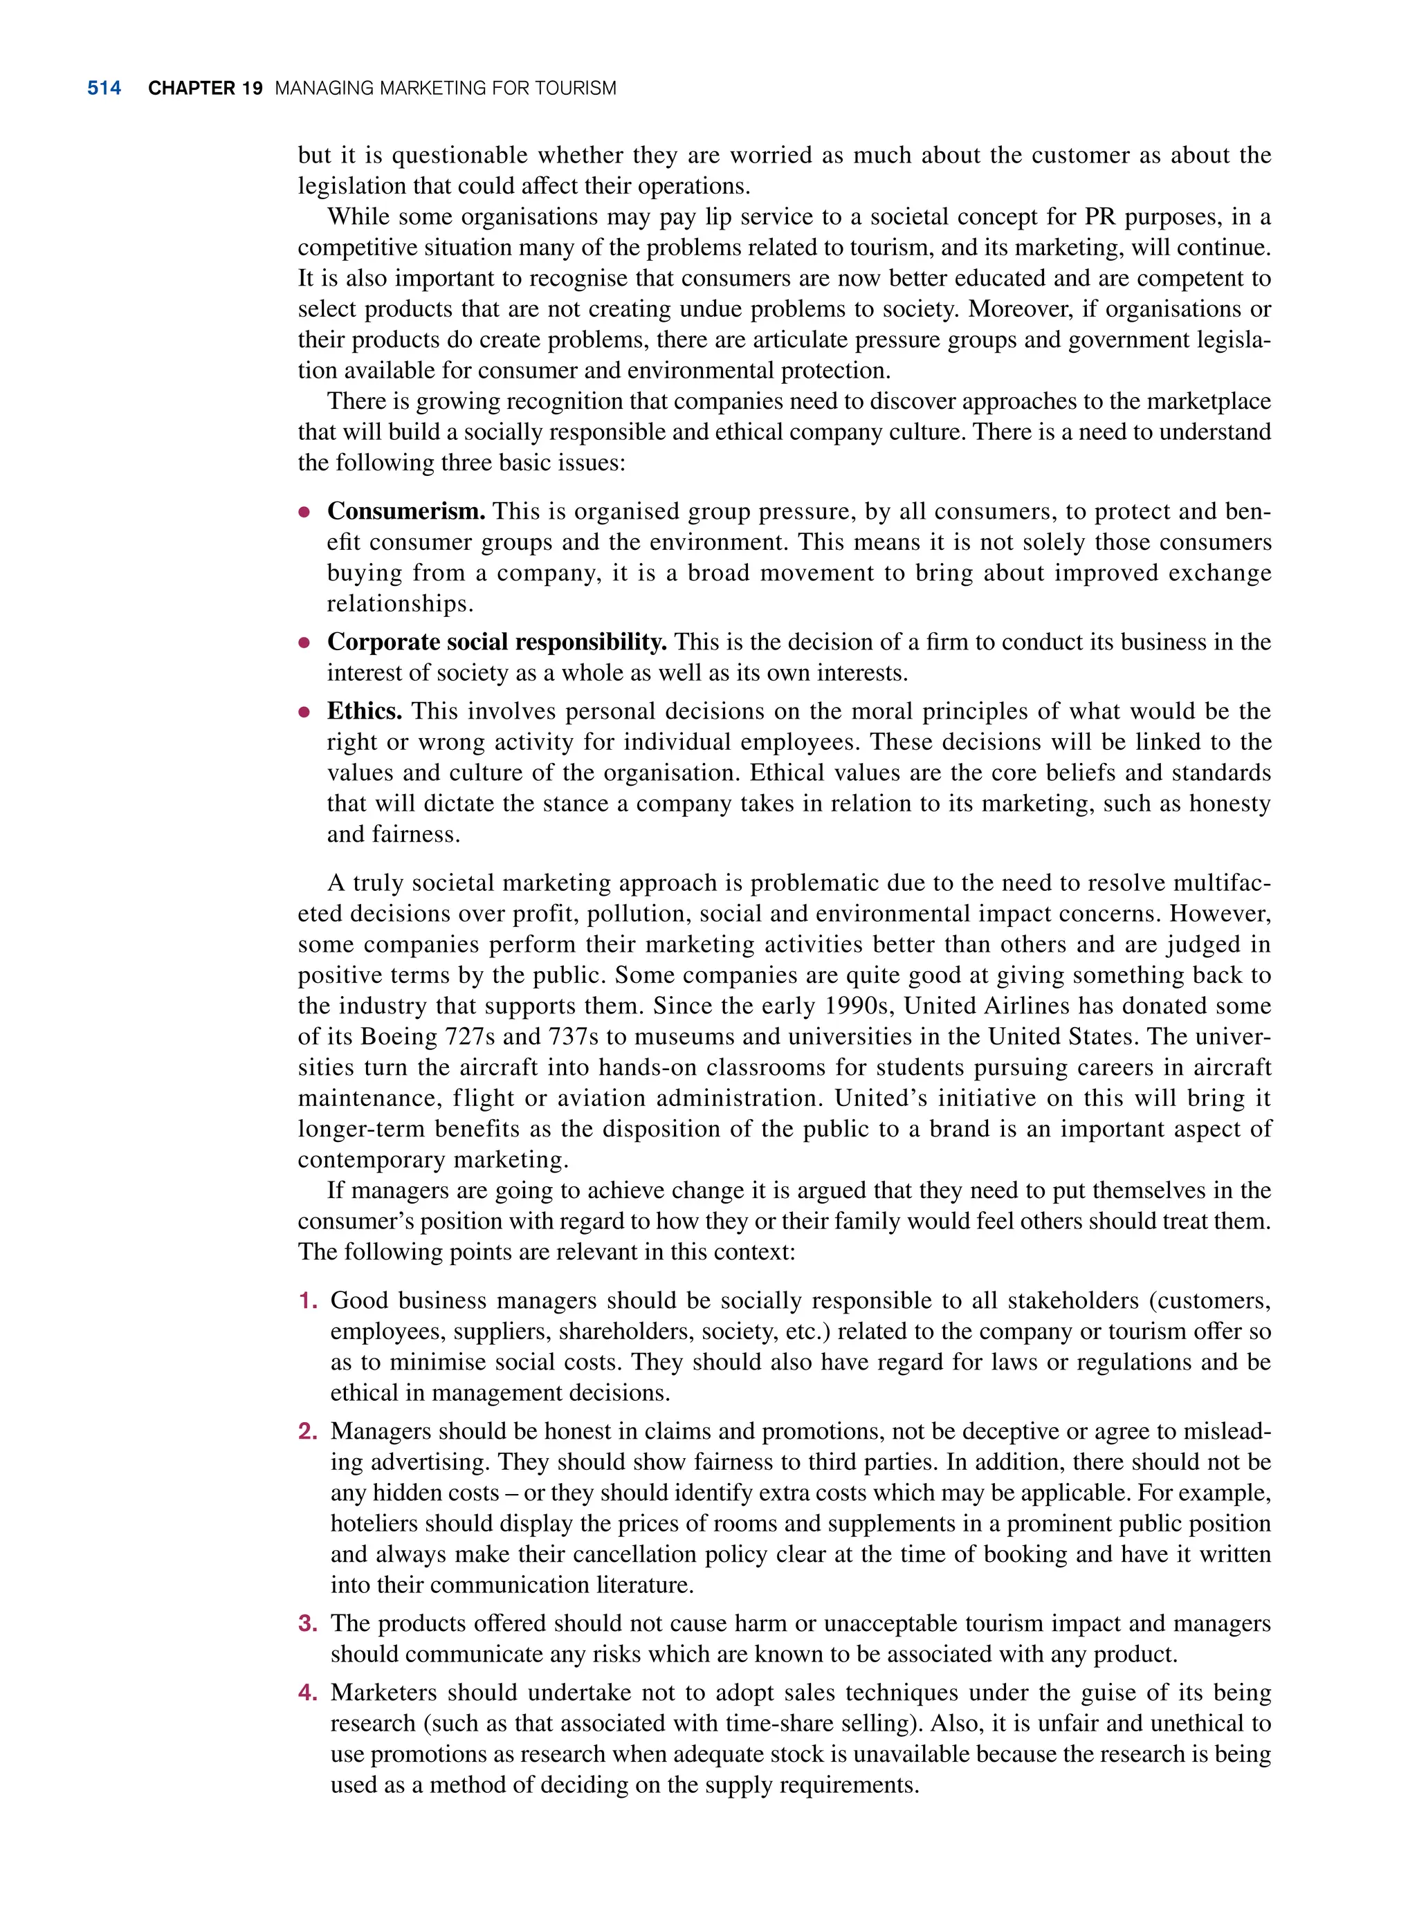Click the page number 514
pyautogui.click(x=104, y=89)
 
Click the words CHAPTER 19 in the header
pyautogui.click(x=205, y=89)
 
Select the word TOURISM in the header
pyautogui.click(x=576, y=89)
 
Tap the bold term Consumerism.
pyautogui.click(x=405, y=511)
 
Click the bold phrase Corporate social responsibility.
pyautogui.click(x=497, y=641)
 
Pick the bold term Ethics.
pyautogui.click(x=365, y=711)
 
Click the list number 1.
pyautogui.click(x=307, y=1301)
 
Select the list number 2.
pyautogui.click(x=307, y=1431)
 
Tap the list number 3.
pyautogui.click(x=307, y=1623)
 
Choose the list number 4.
pyautogui.click(x=307, y=1693)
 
